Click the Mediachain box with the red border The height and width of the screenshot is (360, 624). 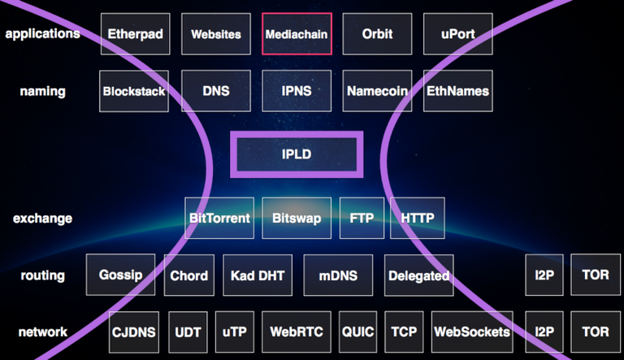click(x=297, y=34)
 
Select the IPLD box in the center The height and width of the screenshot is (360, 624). click(x=297, y=154)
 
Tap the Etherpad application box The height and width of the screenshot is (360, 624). click(x=136, y=34)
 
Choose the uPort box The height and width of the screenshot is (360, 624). click(x=457, y=34)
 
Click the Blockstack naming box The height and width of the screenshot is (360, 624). click(x=133, y=91)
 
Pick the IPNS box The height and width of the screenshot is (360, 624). click(x=297, y=91)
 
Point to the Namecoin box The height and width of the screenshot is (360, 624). click(x=377, y=91)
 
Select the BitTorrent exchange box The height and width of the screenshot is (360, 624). click(x=219, y=218)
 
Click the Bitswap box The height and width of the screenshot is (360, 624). click(x=297, y=218)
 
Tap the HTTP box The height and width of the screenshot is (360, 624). click(x=418, y=218)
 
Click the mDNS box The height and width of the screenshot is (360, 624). click(x=338, y=275)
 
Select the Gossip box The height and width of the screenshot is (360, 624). click(x=120, y=275)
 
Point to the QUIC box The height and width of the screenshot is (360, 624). click(x=358, y=332)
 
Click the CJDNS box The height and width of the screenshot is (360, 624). click(x=134, y=332)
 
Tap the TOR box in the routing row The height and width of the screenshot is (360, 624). click(x=596, y=275)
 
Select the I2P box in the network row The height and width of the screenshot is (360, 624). click(x=544, y=332)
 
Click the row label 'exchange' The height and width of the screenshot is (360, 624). click(x=42, y=218)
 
